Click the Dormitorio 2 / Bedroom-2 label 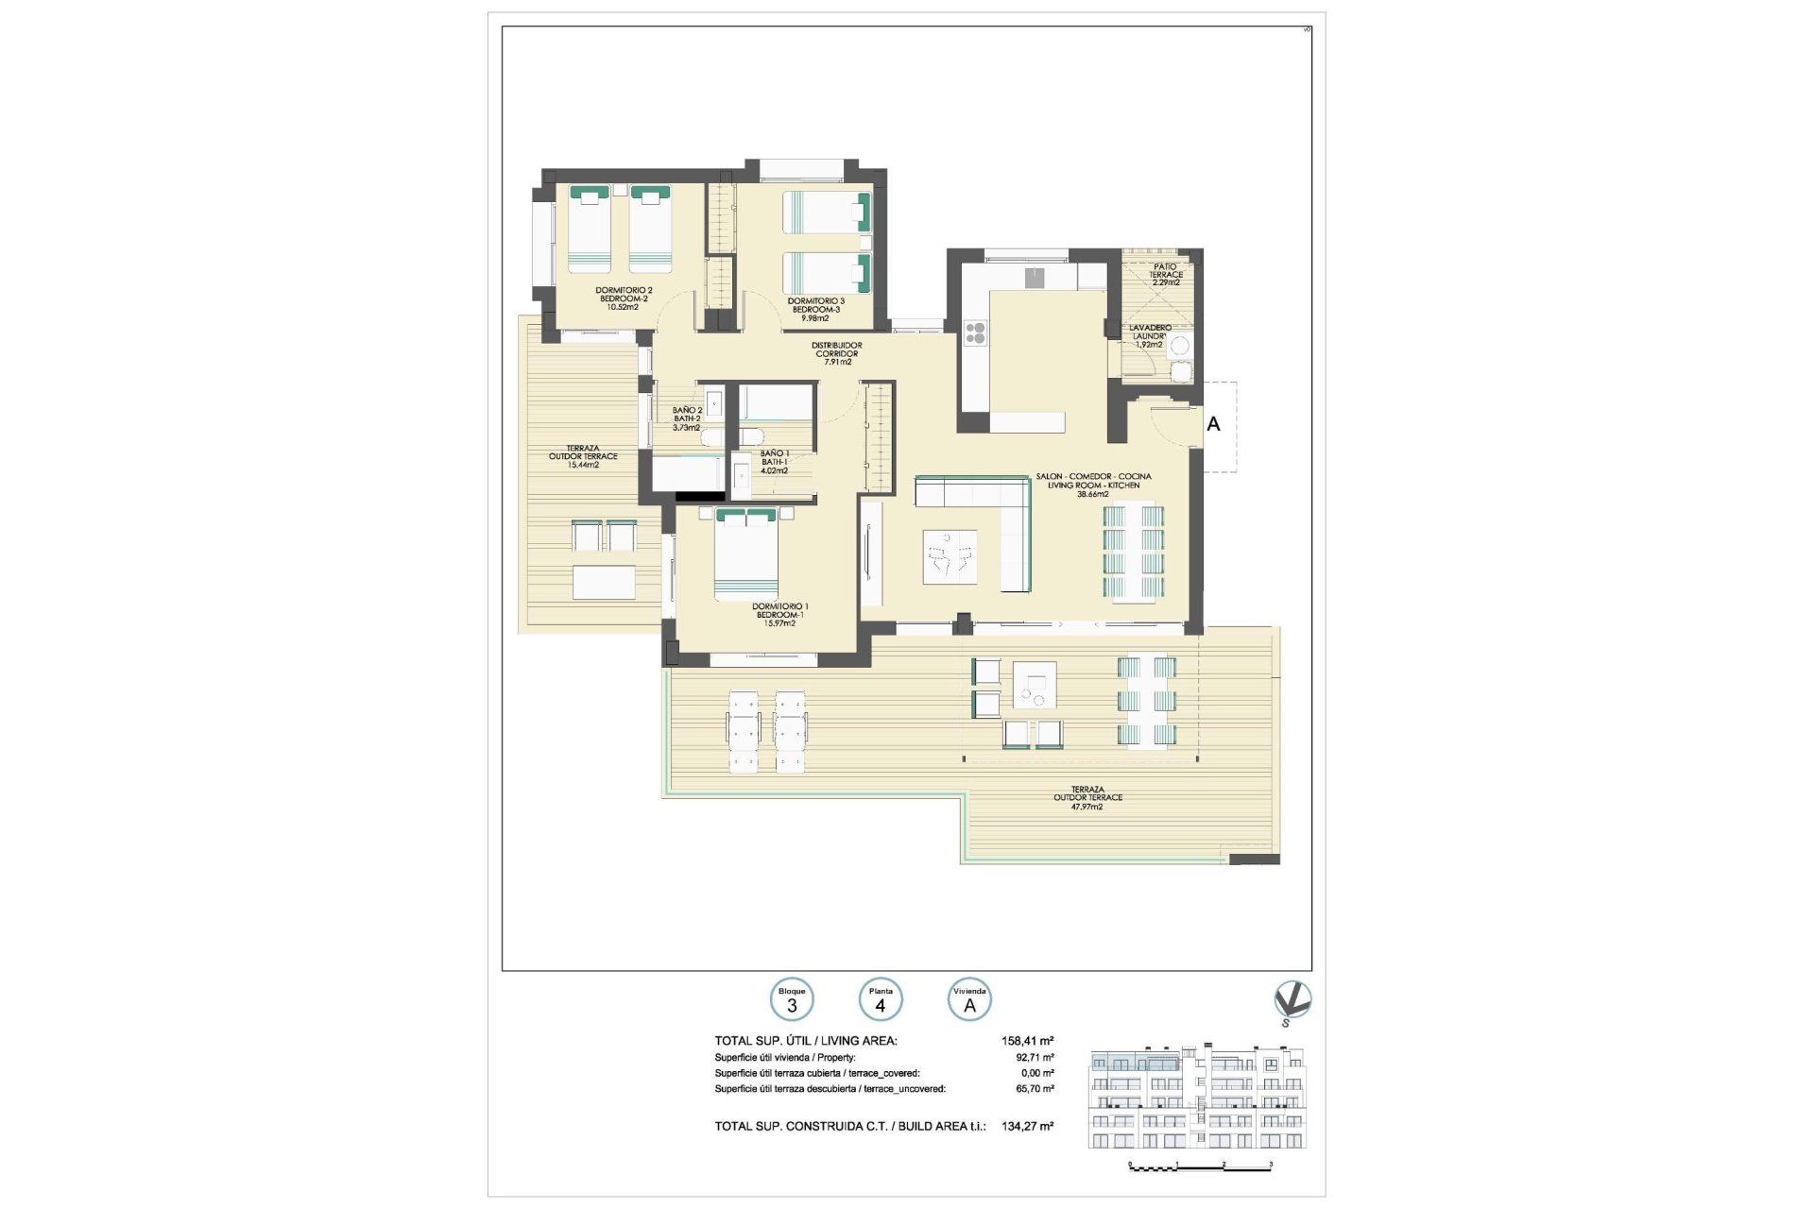(x=623, y=298)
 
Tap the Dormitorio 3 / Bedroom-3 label (x=815, y=309)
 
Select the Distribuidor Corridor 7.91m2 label (x=837, y=353)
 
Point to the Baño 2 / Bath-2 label (x=687, y=418)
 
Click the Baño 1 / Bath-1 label (x=774, y=462)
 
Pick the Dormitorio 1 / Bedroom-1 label (x=779, y=615)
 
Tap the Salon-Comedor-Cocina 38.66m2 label (x=1093, y=485)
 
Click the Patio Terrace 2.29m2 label (x=1166, y=275)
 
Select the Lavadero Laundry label (x=1150, y=336)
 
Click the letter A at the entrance (x=1213, y=425)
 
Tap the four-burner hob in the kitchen (x=975, y=333)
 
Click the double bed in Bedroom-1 (x=746, y=553)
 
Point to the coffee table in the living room (x=950, y=557)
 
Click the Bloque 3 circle (x=792, y=1000)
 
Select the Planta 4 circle (x=881, y=1000)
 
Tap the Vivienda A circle (x=969, y=1000)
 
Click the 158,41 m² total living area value (x=1027, y=1041)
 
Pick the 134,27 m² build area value (x=1027, y=1126)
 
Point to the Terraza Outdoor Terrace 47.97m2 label (x=1087, y=798)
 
